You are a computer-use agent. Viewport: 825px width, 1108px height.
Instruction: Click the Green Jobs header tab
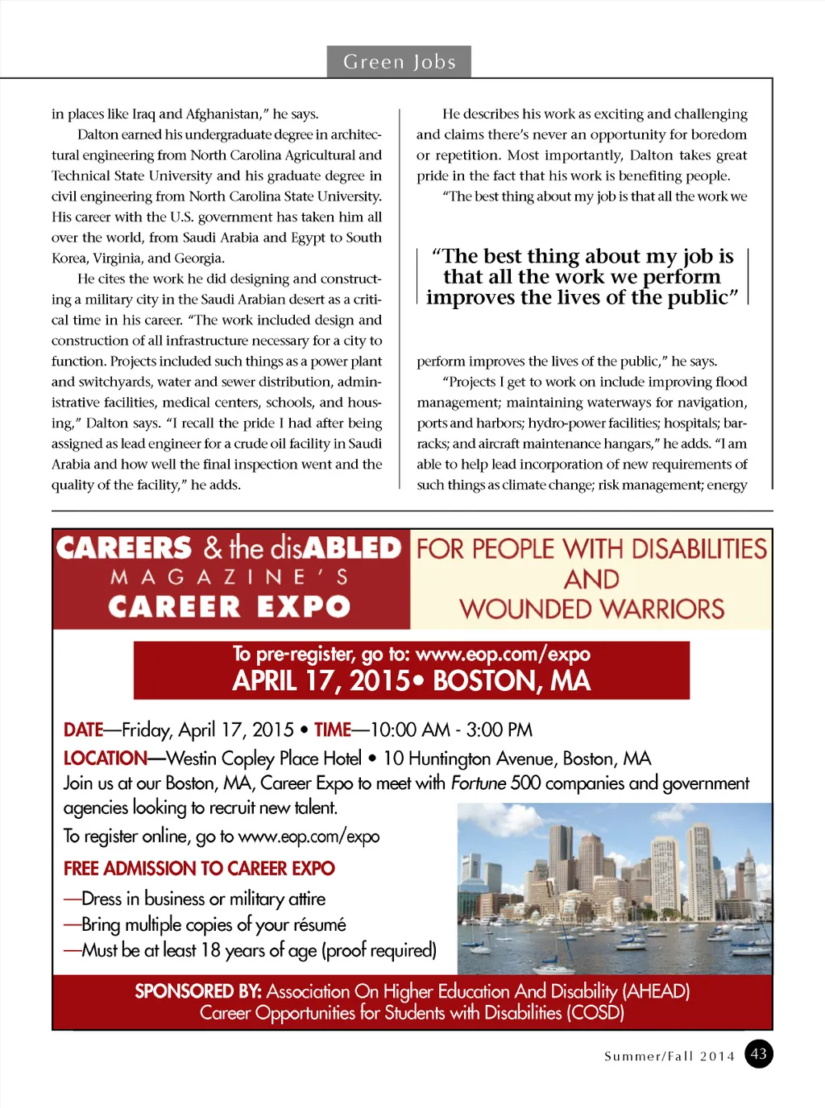(x=399, y=62)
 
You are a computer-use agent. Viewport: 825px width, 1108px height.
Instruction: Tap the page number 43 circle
(x=758, y=1053)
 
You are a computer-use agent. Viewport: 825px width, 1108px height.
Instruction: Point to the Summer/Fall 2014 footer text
(x=670, y=1056)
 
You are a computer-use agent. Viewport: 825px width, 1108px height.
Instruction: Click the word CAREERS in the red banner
(x=124, y=548)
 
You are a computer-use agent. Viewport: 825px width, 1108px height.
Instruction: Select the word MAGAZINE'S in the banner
(x=230, y=577)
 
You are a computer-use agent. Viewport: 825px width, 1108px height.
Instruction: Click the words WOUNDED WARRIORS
(x=591, y=609)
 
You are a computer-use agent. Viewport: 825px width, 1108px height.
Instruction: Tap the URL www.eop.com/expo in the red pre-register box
(x=503, y=654)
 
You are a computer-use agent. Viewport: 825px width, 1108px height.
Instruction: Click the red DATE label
(x=83, y=730)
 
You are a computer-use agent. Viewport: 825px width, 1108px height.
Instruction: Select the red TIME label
(x=332, y=730)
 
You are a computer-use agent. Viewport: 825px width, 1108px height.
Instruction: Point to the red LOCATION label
(x=105, y=759)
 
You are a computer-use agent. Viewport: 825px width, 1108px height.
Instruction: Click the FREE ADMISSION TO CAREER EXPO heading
(x=199, y=869)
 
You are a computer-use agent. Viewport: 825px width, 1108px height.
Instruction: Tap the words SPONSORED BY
(x=197, y=991)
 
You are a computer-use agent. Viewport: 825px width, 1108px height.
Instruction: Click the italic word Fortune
(x=479, y=783)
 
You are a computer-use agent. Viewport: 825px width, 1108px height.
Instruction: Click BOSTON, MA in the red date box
(x=512, y=681)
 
